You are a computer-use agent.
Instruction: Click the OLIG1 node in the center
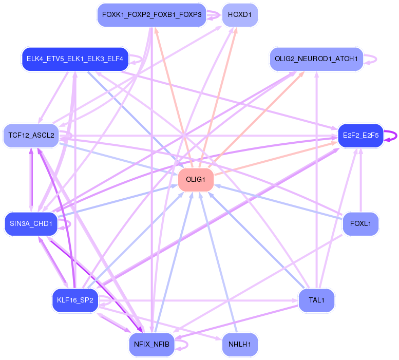click(196, 180)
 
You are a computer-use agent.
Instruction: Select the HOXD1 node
click(239, 15)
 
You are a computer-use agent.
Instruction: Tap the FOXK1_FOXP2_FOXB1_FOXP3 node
click(151, 15)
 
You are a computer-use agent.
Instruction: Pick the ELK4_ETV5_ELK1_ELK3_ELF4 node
click(75, 59)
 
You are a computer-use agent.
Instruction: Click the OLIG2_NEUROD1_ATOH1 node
click(316, 59)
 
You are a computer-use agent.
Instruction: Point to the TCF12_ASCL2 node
click(31, 136)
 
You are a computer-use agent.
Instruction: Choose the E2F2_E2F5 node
click(360, 136)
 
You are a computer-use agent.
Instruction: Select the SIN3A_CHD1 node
click(31, 224)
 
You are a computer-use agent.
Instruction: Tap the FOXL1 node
click(360, 224)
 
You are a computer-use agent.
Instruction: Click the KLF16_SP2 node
click(75, 300)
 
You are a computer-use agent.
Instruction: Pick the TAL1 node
click(316, 300)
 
